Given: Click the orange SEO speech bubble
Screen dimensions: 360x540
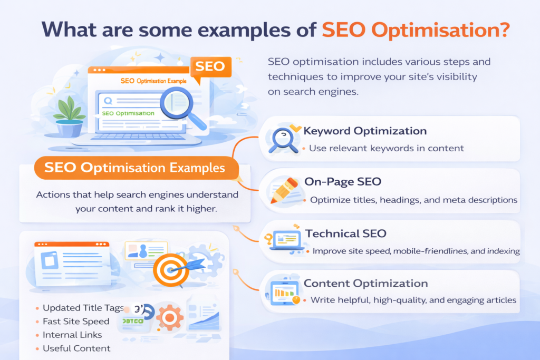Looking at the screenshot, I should [x=210, y=67].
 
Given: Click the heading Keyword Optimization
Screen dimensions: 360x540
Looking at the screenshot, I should [x=365, y=131].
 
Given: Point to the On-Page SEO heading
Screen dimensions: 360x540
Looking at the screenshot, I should [x=343, y=182].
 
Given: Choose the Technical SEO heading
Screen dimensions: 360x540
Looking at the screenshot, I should [x=345, y=233].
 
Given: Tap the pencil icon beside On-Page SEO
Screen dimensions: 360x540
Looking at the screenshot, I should [x=285, y=190].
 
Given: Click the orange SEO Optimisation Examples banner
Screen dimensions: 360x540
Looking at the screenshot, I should [x=135, y=169].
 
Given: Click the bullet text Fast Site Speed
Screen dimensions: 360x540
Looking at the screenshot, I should [x=76, y=322].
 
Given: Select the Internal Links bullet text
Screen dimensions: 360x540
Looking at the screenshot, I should [x=72, y=335].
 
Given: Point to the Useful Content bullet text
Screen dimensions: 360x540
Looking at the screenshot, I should [x=76, y=348].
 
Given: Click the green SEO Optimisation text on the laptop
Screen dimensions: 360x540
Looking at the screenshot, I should [x=128, y=113].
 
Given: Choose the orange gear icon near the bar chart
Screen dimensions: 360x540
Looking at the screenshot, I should [x=169, y=318].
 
